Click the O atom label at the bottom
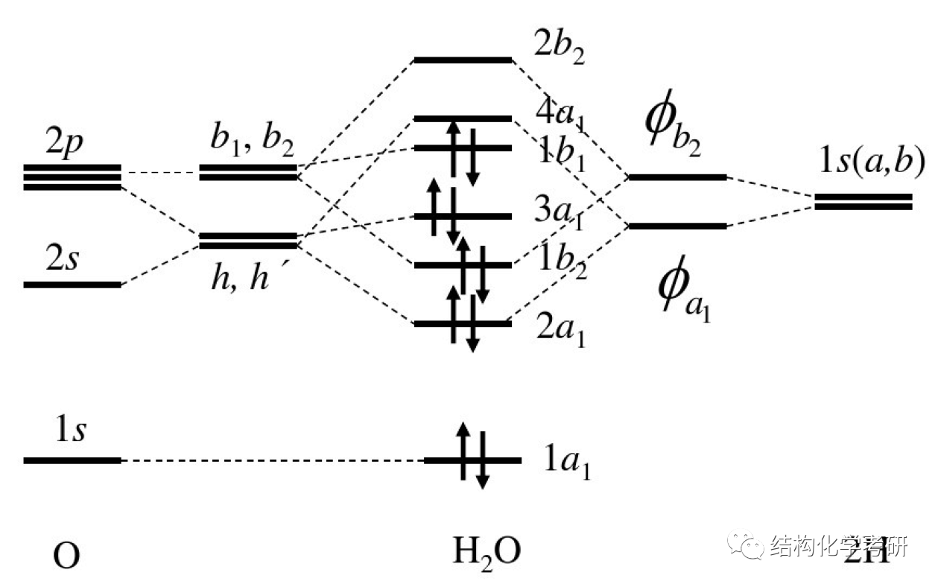coord(67,556)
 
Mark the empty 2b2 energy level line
coord(463,59)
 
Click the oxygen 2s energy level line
coord(72,285)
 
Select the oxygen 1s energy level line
coord(72,460)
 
